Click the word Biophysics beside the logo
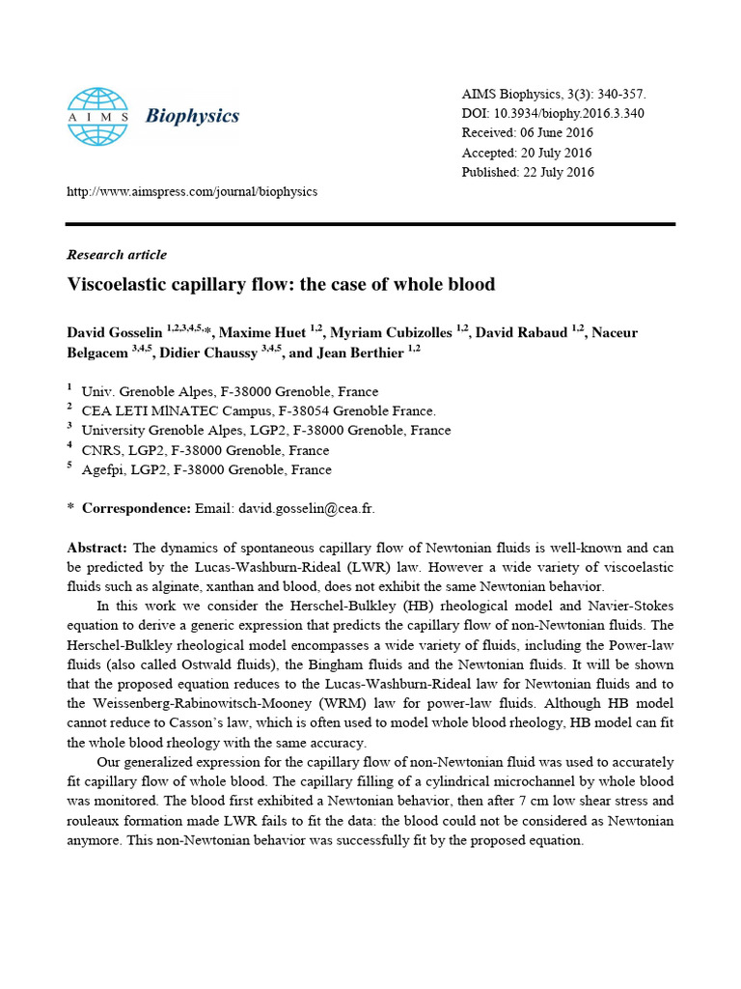(192, 117)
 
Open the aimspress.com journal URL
(191, 191)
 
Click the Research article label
(116, 255)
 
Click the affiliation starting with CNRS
(206, 450)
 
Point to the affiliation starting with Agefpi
(206, 470)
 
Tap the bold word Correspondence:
(136, 508)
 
